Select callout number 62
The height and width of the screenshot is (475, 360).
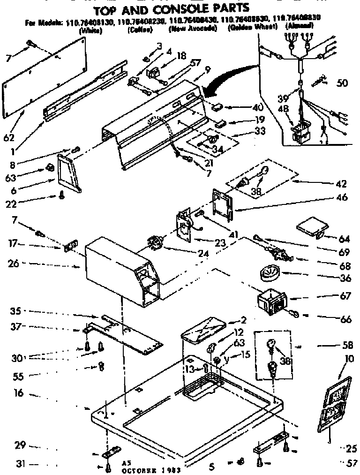pos(9,138)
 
